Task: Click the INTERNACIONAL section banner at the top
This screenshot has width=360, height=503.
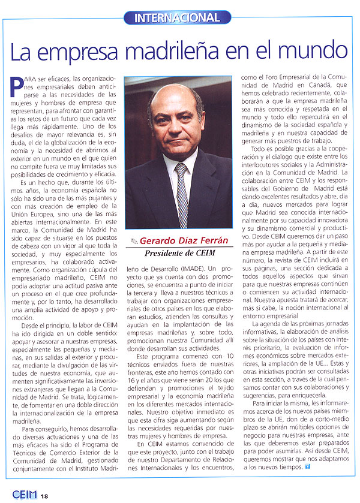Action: pyautogui.click(x=177, y=18)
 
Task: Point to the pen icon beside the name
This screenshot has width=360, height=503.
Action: pyautogui.click(x=133, y=240)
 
